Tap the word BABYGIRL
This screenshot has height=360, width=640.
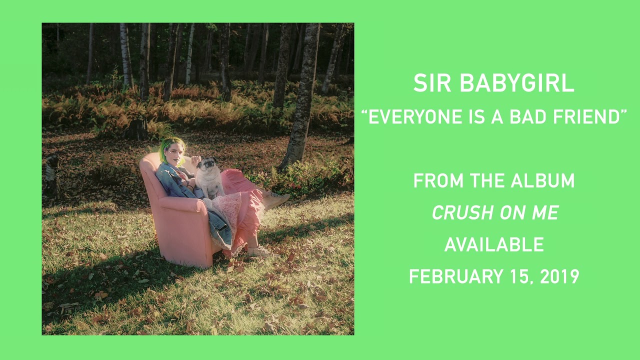coord(517,83)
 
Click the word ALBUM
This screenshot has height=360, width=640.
coord(542,180)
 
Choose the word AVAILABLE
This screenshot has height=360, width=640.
coord(494,244)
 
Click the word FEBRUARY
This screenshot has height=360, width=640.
coord(456,276)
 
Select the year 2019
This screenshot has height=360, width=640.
coord(559,276)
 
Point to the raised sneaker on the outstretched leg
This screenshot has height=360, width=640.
coord(275,200)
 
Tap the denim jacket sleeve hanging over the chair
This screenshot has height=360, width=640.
coord(220,228)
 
